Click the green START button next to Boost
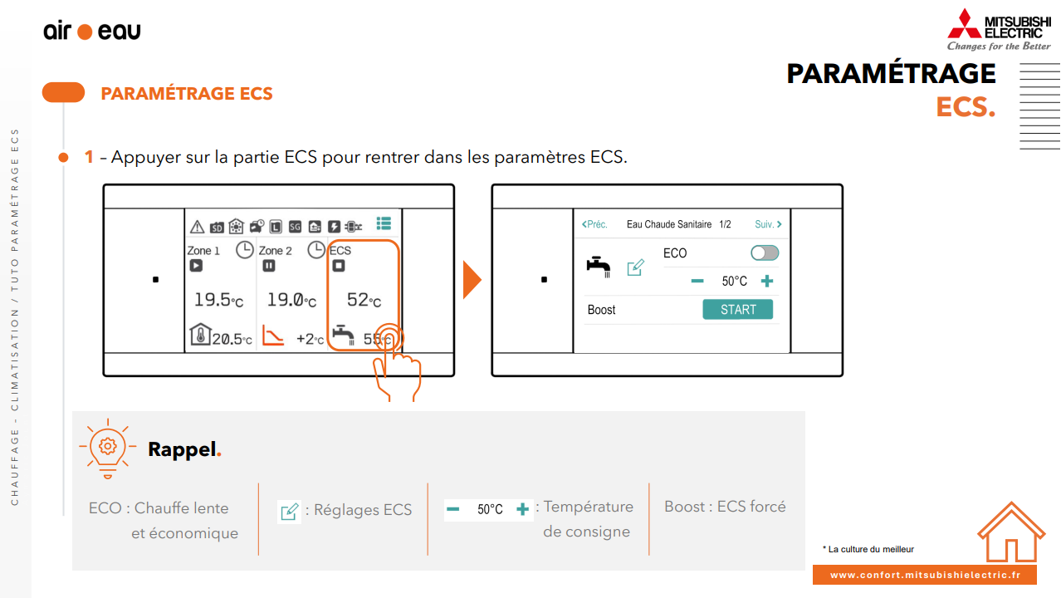click(737, 310)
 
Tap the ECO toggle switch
click(765, 253)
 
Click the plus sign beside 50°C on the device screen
click(767, 281)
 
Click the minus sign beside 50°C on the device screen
click(697, 281)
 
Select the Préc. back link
click(594, 224)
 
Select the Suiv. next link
click(768, 224)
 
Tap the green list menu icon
click(384, 223)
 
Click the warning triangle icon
click(197, 227)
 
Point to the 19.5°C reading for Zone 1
click(219, 300)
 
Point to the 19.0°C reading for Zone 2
click(291, 300)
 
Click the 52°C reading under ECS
click(364, 300)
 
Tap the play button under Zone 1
click(196, 266)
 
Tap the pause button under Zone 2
click(268, 266)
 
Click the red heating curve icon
click(273, 335)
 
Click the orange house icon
click(1011, 532)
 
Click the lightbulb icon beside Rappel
click(108, 448)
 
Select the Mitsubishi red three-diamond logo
click(964, 24)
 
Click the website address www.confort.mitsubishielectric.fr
click(925, 575)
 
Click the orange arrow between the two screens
click(472, 280)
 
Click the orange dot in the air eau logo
click(85, 32)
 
